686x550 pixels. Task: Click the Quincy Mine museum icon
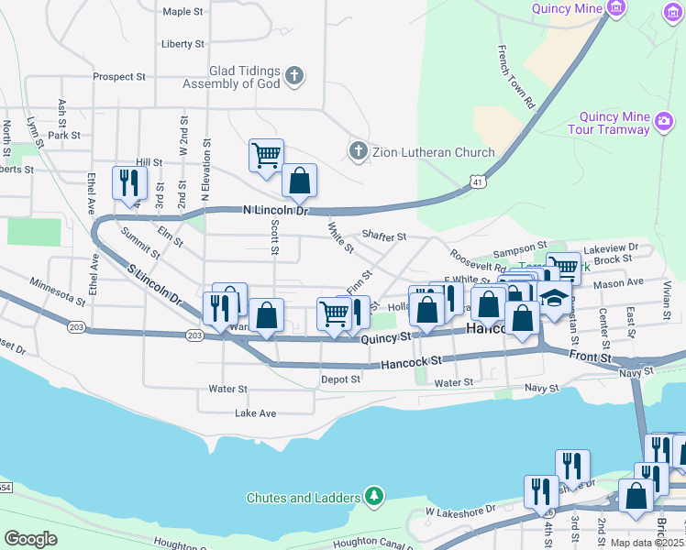(615, 9)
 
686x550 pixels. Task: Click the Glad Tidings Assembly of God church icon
(294, 75)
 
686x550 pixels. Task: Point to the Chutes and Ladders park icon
(373, 498)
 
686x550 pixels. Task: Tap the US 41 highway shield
(474, 183)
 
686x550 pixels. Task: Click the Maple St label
(182, 12)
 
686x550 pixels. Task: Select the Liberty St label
(182, 44)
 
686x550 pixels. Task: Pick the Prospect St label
(119, 77)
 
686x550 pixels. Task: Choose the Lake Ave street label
(255, 413)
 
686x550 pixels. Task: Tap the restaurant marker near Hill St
(128, 182)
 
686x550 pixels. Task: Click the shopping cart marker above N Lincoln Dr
(266, 156)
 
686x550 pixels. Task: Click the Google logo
(31, 538)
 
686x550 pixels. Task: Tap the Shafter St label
(383, 236)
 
